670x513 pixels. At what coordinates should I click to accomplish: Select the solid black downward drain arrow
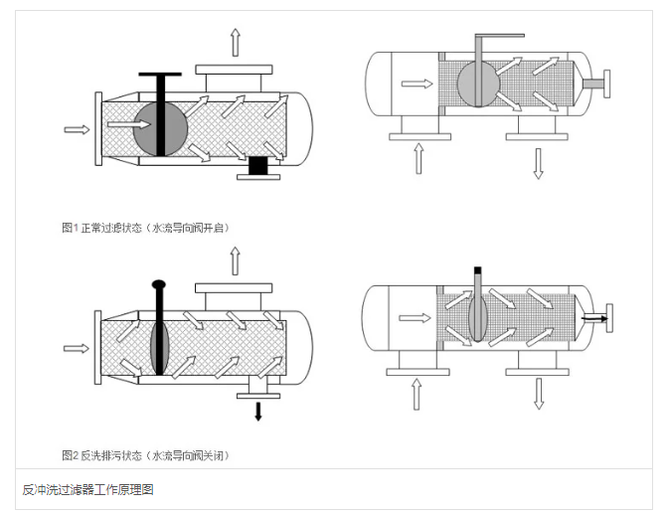(258, 411)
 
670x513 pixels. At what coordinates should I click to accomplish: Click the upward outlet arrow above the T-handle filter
(235, 42)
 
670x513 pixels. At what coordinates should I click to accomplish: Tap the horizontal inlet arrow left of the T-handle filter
(76, 128)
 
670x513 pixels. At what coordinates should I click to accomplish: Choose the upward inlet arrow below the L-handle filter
(419, 158)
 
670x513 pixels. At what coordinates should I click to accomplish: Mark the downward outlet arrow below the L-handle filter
(538, 163)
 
